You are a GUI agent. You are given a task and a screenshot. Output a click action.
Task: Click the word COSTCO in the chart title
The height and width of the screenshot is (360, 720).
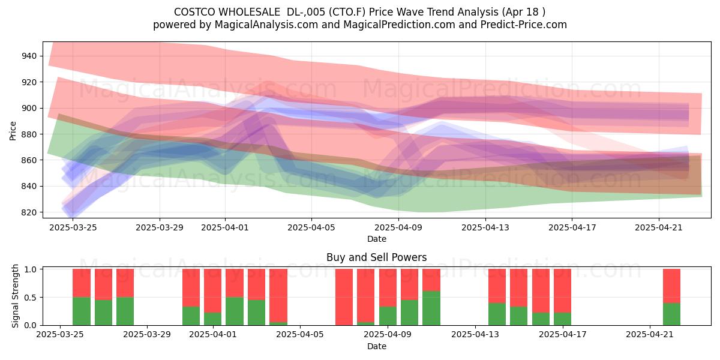tap(195, 12)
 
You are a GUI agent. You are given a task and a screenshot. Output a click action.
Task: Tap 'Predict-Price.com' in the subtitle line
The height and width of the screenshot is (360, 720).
tap(524, 25)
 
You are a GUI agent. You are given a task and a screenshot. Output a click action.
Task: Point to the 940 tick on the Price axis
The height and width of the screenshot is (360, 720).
tap(29, 56)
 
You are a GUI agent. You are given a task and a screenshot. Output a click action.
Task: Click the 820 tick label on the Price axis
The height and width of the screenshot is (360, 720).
tap(29, 212)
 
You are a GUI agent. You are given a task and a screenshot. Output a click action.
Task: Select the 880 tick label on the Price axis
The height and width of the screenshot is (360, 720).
tap(29, 134)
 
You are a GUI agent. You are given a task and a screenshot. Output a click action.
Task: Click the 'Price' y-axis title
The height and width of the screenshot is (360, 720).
tap(13, 131)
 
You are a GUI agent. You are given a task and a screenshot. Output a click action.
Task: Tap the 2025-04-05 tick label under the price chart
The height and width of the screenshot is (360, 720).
tap(311, 227)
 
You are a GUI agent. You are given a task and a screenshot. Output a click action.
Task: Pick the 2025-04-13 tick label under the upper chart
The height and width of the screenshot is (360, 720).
tap(485, 227)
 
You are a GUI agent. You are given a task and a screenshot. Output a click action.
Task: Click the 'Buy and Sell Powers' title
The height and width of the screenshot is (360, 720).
tap(377, 257)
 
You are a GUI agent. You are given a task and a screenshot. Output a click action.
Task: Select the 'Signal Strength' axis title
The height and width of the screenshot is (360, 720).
tap(15, 296)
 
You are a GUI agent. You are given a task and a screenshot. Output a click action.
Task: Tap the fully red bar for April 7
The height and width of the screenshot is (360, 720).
tap(344, 297)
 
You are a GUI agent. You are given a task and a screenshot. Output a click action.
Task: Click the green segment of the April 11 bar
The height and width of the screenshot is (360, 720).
tap(431, 308)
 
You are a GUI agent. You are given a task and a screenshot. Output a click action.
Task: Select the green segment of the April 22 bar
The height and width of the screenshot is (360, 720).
tap(672, 314)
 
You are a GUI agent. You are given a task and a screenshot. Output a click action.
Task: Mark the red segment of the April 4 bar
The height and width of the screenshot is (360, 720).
tap(278, 296)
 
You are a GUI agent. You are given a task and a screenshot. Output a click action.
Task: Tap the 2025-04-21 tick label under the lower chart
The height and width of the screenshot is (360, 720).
tap(650, 334)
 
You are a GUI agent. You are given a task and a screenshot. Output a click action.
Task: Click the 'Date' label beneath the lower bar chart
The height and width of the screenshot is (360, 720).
tap(377, 346)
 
